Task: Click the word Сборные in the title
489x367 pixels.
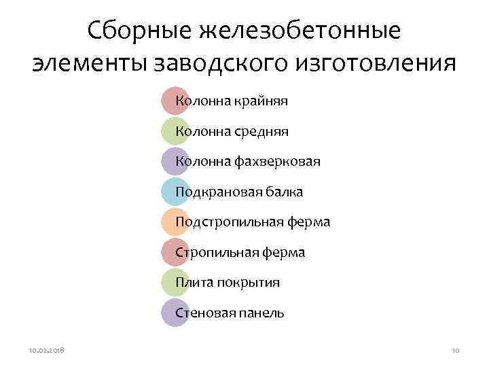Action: [140, 30]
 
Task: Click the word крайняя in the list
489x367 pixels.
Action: [261, 101]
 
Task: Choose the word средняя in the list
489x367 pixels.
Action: [261, 131]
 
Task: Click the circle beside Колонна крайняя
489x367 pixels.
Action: [175, 101]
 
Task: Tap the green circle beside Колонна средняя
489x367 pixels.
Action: [175, 131]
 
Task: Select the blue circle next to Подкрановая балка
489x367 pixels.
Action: [175, 192]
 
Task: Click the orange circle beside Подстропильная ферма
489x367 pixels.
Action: [175, 222]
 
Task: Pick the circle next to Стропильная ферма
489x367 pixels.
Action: [175, 252]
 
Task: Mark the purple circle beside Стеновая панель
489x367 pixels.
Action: [175, 313]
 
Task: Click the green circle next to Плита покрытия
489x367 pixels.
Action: [175, 282]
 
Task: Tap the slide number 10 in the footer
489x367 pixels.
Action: [455, 349]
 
